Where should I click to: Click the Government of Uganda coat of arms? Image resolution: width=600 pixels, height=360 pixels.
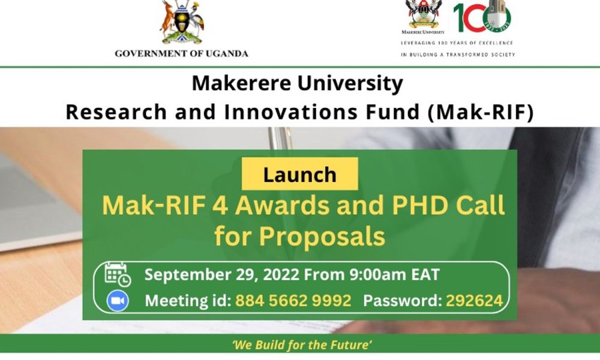tap(182, 22)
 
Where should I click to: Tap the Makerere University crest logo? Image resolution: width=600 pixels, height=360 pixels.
tap(424, 14)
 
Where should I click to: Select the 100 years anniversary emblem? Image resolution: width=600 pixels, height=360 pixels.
tap(482, 16)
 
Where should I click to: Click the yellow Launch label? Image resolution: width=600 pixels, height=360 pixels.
tap(299, 174)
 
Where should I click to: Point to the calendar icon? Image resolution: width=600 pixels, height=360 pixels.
tap(118, 275)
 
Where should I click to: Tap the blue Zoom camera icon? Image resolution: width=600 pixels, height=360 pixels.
tap(118, 301)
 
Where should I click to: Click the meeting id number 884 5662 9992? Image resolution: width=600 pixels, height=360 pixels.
tap(293, 301)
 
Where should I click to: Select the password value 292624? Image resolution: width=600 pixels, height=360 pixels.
tap(474, 301)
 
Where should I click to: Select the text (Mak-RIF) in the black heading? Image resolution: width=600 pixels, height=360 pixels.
tap(481, 112)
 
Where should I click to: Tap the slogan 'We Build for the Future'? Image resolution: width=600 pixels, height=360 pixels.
tap(302, 345)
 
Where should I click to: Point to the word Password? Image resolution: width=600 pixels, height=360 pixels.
tap(403, 301)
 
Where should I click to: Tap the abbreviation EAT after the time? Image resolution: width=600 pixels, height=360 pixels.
tap(425, 275)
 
